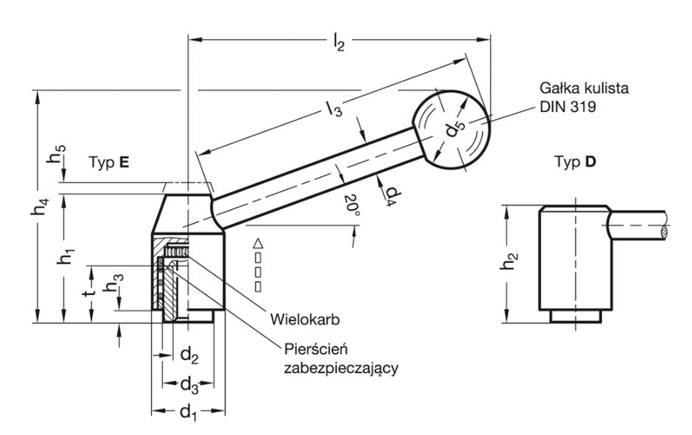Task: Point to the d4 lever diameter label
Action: pyautogui.click(x=394, y=193)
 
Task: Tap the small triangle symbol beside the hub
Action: pyautogui.click(x=257, y=243)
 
